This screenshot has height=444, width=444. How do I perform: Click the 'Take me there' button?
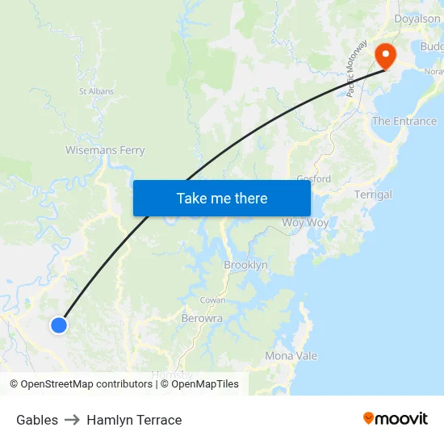coord(222,198)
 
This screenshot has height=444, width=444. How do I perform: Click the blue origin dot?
coord(58,325)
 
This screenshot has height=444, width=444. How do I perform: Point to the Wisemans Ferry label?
coord(105,150)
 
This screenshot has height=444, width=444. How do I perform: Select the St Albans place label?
coord(96,91)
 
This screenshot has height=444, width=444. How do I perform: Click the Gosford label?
coord(314,178)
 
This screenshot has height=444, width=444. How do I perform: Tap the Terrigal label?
coord(373,195)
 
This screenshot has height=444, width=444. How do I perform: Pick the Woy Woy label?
coord(305,222)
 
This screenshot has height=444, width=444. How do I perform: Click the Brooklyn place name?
coord(245,265)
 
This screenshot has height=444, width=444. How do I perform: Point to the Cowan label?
coord(213,299)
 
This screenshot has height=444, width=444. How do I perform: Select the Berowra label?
coord(202,318)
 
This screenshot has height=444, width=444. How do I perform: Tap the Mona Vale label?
coord(291,356)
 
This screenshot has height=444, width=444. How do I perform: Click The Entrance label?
coord(404,121)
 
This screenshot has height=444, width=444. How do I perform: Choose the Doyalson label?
coord(417,19)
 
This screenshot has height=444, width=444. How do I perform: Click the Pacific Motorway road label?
coord(357,69)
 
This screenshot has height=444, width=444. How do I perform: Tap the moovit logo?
coord(396,418)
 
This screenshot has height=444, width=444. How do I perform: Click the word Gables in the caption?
coord(37,420)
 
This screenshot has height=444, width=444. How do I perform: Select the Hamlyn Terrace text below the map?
coord(134,420)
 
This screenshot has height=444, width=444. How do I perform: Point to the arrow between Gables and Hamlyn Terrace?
coord(72,420)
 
